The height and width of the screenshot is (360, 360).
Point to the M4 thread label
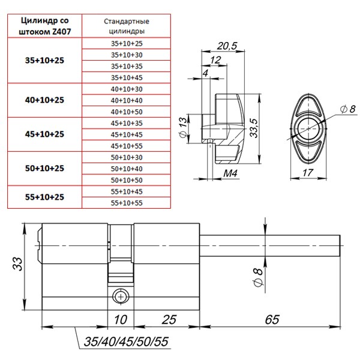click(x=230, y=174)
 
